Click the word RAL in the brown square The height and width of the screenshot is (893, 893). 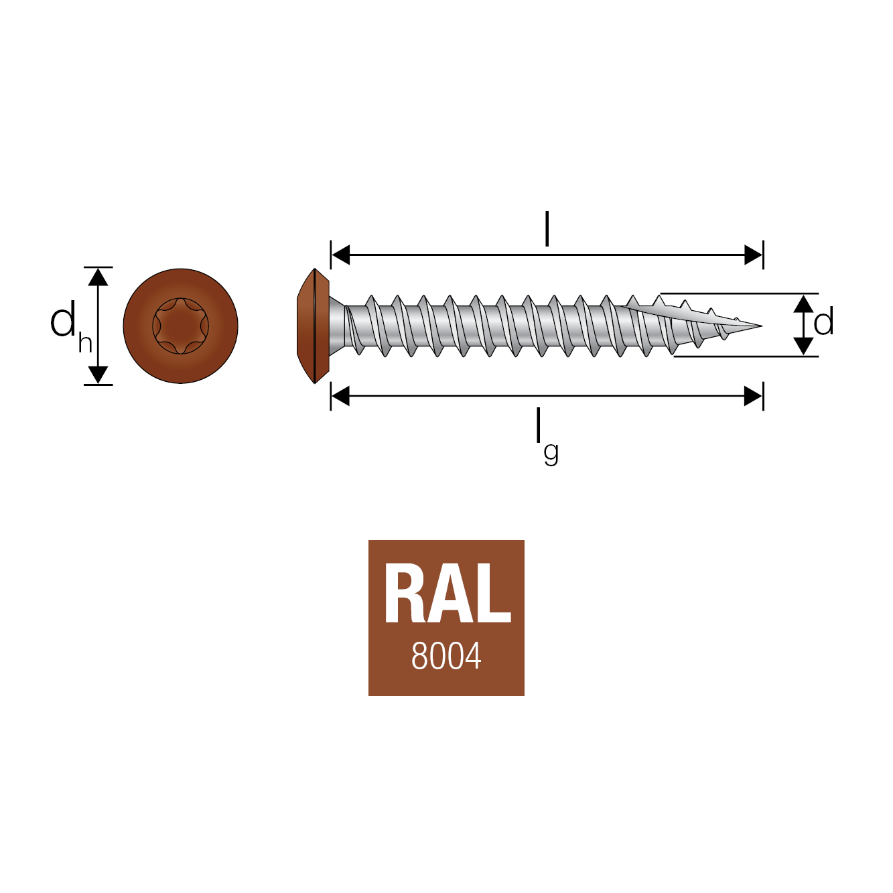tap(447, 594)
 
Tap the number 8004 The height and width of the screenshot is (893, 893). tap(446, 657)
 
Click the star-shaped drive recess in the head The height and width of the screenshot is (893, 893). tap(180, 326)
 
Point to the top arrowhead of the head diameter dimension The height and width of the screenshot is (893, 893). tap(98, 276)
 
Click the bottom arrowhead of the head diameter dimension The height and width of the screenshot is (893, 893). tap(98, 375)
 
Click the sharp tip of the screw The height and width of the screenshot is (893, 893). tap(760, 326)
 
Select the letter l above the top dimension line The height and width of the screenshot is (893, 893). tap(547, 229)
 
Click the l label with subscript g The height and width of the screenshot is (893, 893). tap(546, 435)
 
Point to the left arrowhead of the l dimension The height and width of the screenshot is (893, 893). tap(340, 255)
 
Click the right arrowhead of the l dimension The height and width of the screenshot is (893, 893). tap(754, 255)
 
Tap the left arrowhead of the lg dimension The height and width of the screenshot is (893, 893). tap(340, 397)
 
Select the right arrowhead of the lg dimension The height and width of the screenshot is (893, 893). tap(754, 397)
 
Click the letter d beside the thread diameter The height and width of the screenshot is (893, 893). tap(824, 322)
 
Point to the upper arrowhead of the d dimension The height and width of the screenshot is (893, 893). tap(803, 303)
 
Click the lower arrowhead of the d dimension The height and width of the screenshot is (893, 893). tap(803, 346)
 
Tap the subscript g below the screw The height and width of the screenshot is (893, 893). tap(551, 454)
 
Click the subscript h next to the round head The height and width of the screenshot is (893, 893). tap(85, 342)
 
